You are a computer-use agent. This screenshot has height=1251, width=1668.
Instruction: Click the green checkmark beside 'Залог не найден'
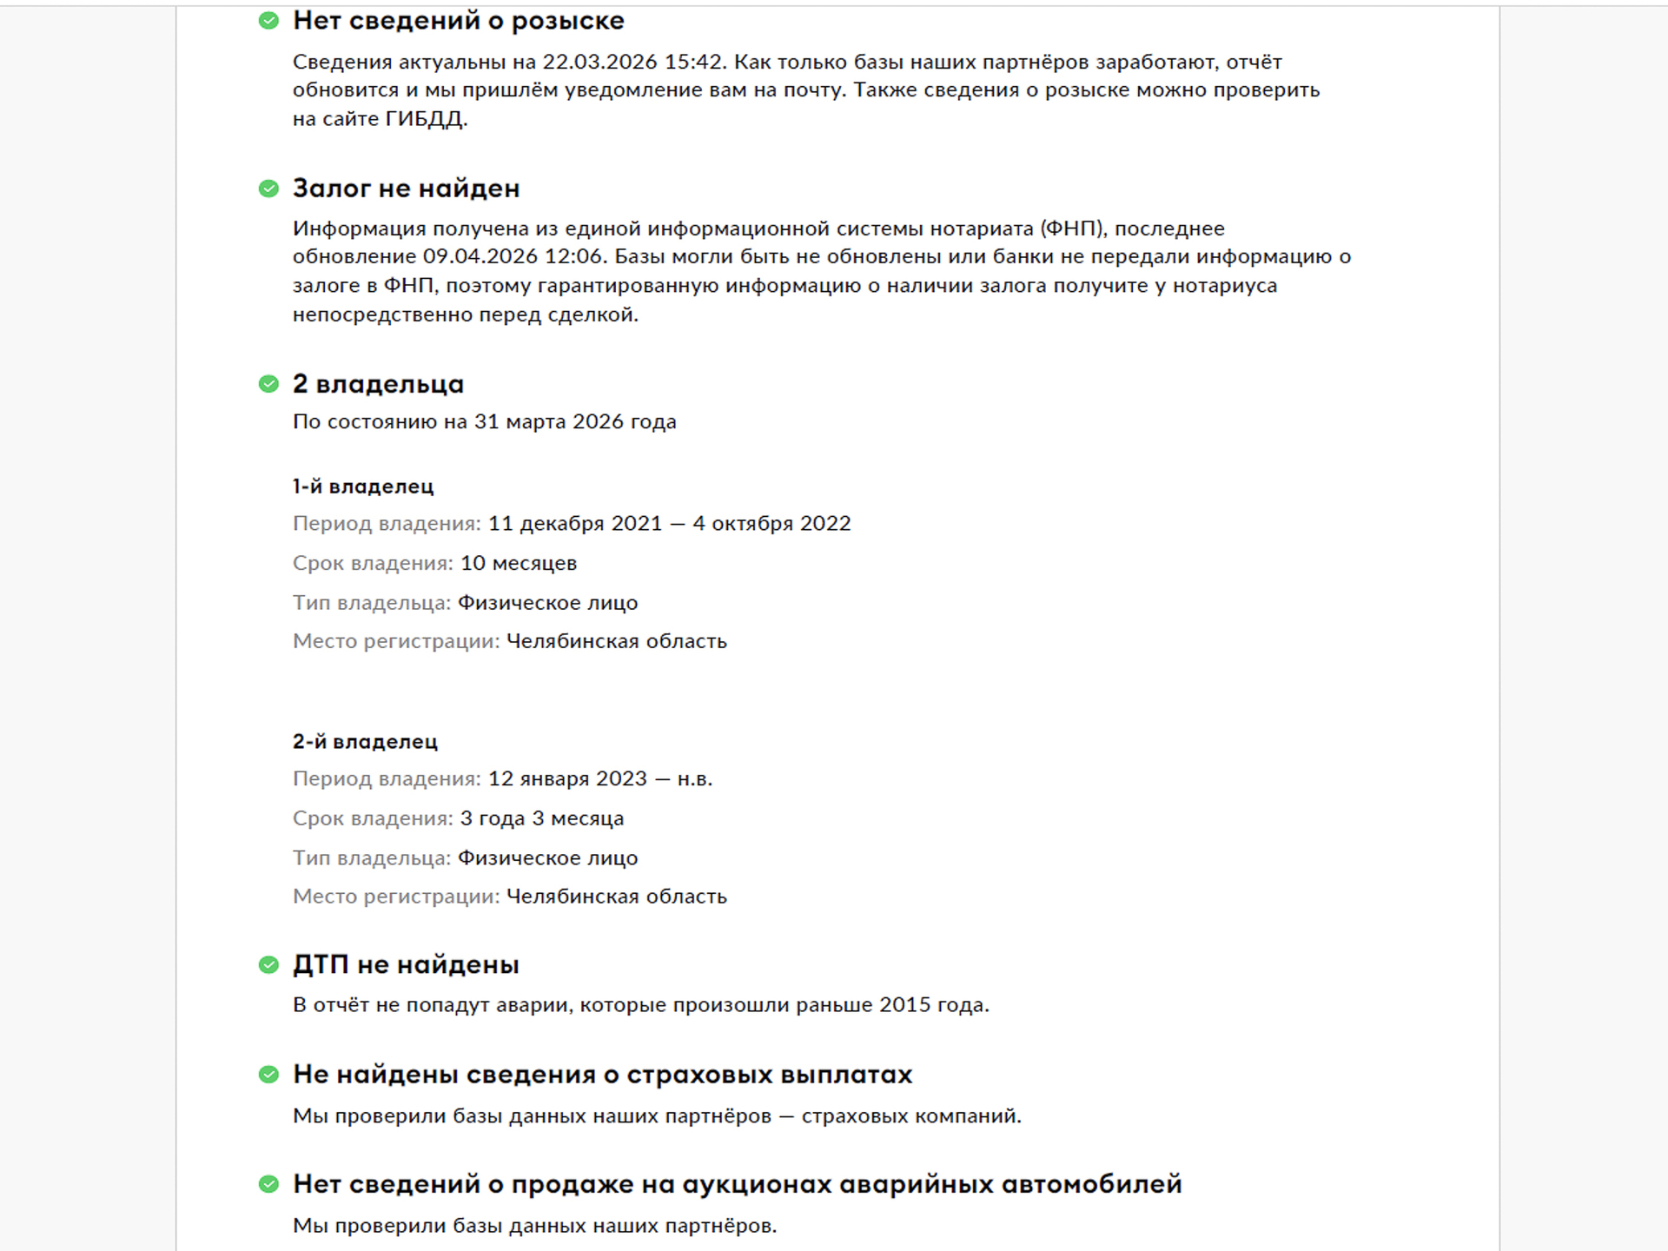click(x=268, y=189)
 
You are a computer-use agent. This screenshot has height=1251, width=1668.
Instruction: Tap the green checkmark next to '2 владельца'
click(x=268, y=384)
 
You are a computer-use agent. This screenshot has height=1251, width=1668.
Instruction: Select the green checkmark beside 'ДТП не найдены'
click(x=268, y=964)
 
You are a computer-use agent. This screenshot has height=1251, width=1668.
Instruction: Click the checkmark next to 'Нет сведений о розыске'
click(x=268, y=21)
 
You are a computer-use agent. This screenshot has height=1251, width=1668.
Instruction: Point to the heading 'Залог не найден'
click(x=406, y=189)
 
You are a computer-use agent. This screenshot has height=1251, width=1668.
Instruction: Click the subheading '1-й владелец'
click(x=363, y=486)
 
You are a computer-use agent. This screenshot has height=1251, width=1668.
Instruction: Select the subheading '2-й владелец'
click(x=365, y=742)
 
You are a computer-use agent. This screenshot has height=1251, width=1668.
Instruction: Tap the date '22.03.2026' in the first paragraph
click(x=599, y=63)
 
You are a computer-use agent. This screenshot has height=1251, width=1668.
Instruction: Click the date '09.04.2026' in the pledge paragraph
click(x=480, y=257)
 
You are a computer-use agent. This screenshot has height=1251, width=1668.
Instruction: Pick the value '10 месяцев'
click(x=519, y=563)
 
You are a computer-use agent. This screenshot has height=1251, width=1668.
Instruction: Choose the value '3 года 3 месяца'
click(x=542, y=818)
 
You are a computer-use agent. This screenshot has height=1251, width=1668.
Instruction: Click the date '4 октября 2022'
click(x=771, y=524)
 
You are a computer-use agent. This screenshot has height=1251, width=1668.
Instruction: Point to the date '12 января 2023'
click(x=567, y=778)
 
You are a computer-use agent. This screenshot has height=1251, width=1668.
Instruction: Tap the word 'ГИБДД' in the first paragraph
click(x=426, y=119)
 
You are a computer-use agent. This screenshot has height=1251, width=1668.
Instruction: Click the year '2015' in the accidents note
click(x=905, y=1005)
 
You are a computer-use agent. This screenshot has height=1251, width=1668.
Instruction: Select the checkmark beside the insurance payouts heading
click(x=268, y=1075)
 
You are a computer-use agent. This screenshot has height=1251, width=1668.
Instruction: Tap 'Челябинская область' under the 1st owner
click(x=617, y=642)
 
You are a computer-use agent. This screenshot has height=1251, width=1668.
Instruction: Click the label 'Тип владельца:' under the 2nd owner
click(x=372, y=858)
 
